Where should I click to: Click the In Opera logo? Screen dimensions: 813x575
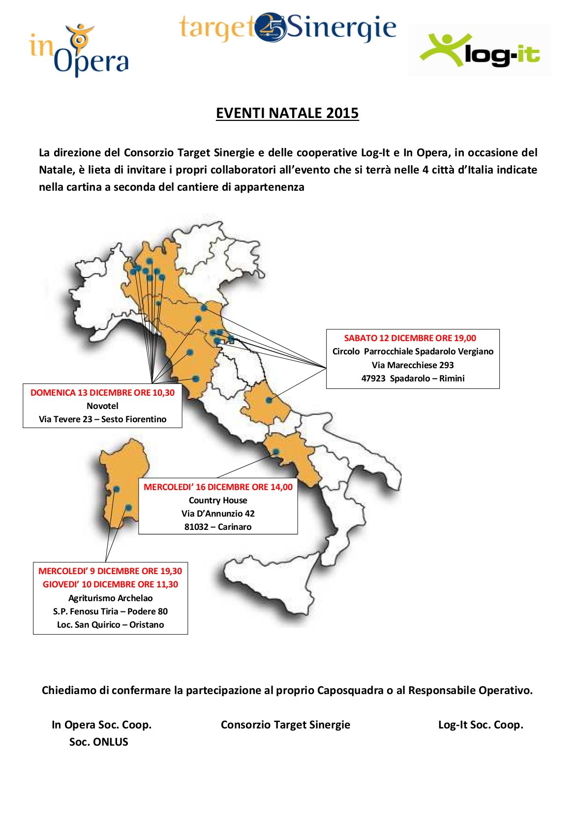[x=79, y=51]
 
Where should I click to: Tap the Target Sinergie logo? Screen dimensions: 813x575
[x=287, y=28]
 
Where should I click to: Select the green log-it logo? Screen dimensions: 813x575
[x=480, y=51]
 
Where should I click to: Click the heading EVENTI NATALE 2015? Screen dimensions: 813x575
[x=287, y=113]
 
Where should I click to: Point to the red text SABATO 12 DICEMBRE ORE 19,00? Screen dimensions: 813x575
[x=410, y=338]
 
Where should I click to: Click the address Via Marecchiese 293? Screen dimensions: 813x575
[x=412, y=365]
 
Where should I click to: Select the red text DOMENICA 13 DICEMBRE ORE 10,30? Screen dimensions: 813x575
[x=102, y=393]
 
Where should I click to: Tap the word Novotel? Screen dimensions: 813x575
[x=102, y=406]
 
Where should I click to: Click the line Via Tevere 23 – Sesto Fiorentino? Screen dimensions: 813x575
[x=102, y=419]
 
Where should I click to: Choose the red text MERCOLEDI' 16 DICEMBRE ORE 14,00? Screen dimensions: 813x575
[x=218, y=487]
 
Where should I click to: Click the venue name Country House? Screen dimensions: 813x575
[x=218, y=500]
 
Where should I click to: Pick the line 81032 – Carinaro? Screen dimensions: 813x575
[x=218, y=527]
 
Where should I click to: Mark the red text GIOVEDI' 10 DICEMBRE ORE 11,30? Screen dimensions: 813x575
[x=110, y=584]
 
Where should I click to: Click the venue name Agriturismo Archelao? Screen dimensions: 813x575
[x=110, y=598]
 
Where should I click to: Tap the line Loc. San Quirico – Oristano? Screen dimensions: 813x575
[x=110, y=625]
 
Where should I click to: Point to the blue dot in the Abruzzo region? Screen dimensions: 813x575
[x=269, y=400]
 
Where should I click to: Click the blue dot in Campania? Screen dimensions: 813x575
[x=276, y=451]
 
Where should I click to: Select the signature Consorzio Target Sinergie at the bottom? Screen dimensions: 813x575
[x=285, y=725]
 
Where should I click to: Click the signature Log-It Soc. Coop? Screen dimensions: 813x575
[x=481, y=725]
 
